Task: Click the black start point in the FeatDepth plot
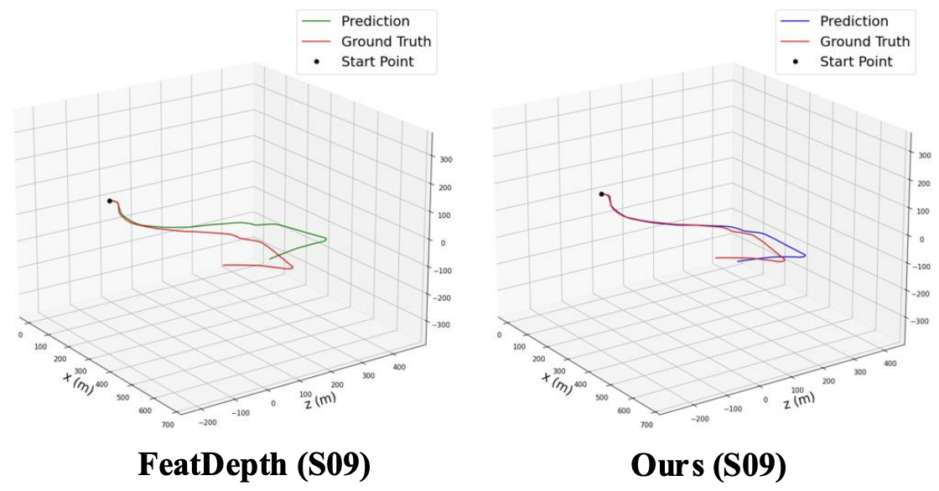(x=110, y=200)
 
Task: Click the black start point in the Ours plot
(x=601, y=194)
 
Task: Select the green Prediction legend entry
(x=375, y=22)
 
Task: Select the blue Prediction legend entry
(x=853, y=22)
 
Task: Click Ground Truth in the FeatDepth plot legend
(x=386, y=41)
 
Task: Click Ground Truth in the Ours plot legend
(x=864, y=41)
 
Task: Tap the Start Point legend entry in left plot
(x=376, y=61)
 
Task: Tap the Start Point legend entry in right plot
(x=855, y=61)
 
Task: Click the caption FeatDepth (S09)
(x=254, y=466)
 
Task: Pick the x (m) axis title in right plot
(x=557, y=381)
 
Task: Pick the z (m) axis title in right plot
(x=797, y=397)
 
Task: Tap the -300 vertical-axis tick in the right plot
(x=921, y=321)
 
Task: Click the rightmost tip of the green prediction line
(x=325, y=240)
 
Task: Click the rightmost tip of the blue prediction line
(x=806, y=256)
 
